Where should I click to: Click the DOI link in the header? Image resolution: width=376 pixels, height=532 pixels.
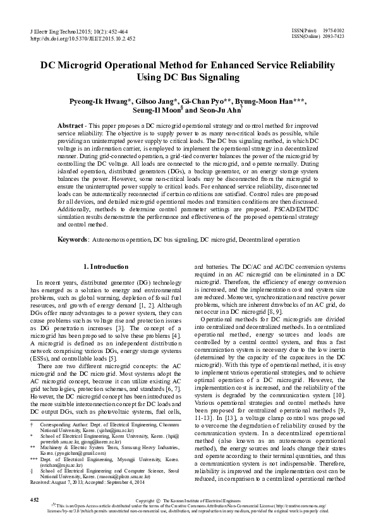pos(83,38)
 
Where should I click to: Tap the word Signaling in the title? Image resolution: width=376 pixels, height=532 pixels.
pos(219,78)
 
